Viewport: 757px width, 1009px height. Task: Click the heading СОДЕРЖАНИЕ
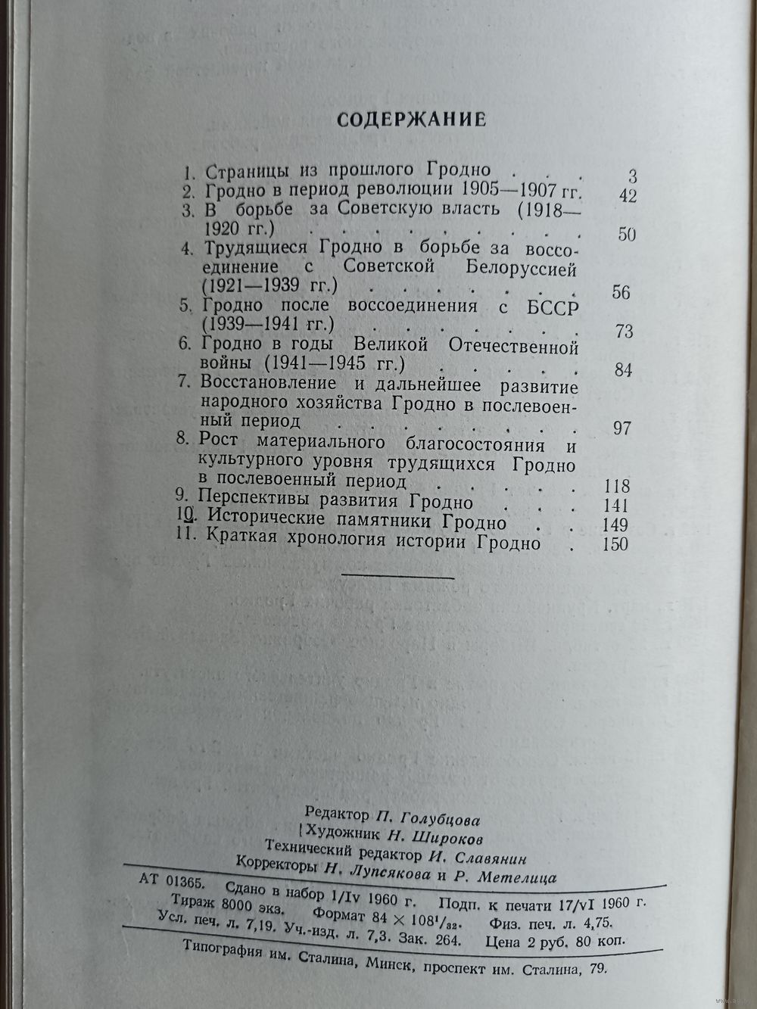click(410, 120)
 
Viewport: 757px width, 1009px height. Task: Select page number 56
click(621, 291)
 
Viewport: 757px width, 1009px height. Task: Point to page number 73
click(624, 331)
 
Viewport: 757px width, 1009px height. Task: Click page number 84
click(623, 370)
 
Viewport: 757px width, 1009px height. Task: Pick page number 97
click(621, 428)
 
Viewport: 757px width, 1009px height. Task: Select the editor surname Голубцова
click(439, 819)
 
